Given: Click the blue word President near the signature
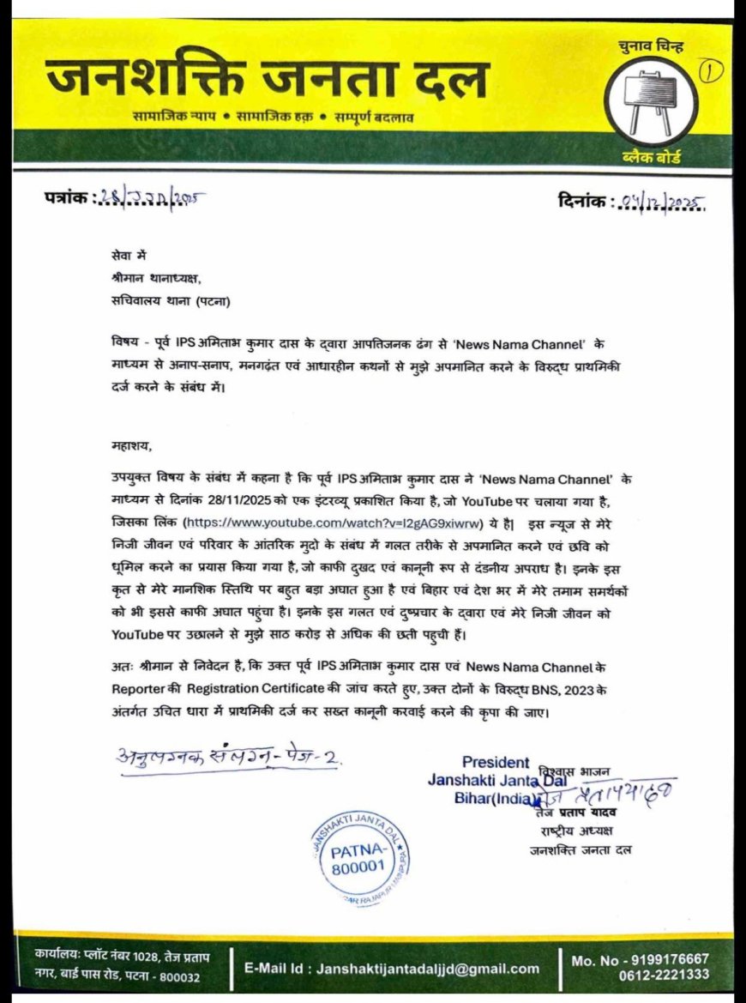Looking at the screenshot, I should (x=496, y=762).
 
